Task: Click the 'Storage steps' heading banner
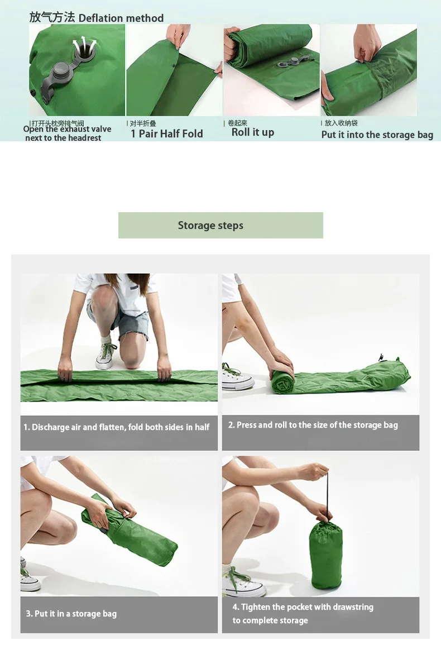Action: tap(220, 226)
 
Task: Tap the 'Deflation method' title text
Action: tap(121, 18)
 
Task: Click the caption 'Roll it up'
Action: tap(252, 132)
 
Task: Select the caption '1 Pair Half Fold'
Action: tap(166, 133)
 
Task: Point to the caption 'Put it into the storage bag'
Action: tap(377, 135)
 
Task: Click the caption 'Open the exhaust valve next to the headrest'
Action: tap(67, 133)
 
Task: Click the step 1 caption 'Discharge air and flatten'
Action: tap(116, 427)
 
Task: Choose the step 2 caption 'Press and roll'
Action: tap(313, 425)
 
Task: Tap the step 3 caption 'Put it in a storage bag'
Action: tap(71, 614)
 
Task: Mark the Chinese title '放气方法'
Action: tap(52, 17)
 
